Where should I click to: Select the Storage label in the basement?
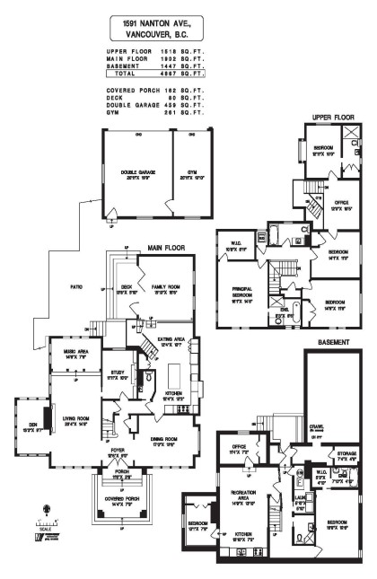tap(346, 454)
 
